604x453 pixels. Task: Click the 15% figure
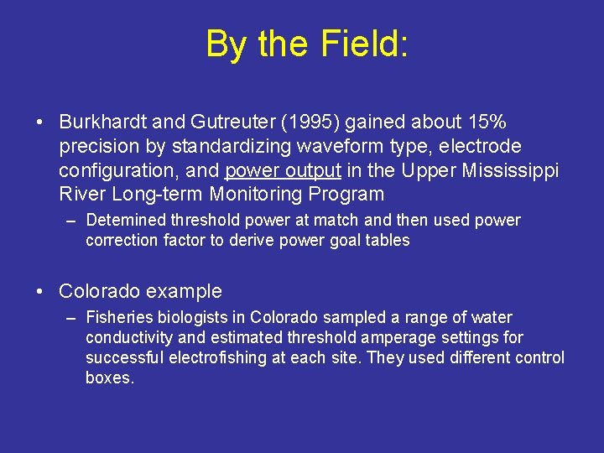point(484,122)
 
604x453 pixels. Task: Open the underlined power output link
point(283,171)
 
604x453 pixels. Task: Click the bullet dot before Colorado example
point(39,292)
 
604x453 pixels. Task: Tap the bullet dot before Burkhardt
point(39,122)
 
